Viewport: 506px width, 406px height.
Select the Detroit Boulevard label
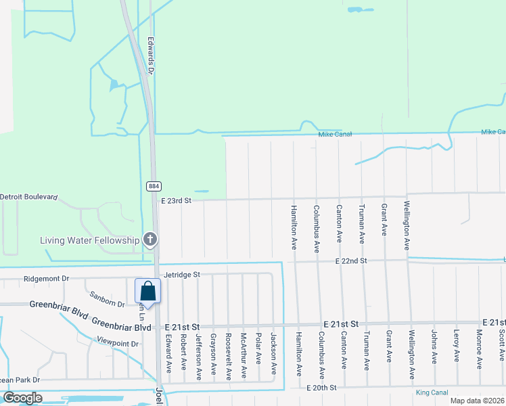click(29, 196)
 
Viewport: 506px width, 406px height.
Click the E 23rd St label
click(177, 200)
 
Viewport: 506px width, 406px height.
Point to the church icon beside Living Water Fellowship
click(150, 239)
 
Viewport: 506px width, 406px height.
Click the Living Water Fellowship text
click(89, 240)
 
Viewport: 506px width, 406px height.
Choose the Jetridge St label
click(183, 275)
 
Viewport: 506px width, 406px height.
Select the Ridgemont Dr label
click(47, 278)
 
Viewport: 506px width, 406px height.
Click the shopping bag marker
click(148, 292)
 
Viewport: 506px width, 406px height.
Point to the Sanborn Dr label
click(107, 299)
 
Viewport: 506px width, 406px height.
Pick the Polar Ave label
click(258, 348)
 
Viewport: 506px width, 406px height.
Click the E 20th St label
click(322, 388)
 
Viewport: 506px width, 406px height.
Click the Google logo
click(23, 397)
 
